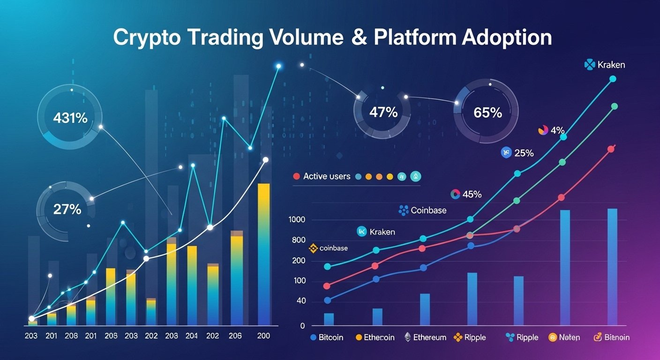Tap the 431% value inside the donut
tap(70, 118)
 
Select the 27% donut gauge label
tap(67, 209)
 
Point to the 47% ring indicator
tap(383, 112)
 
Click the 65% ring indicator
tap(487, 112)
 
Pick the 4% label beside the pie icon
tap(557, 130)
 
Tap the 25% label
tap(524, 152)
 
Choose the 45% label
tap(472, 194)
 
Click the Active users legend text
tap(327, 176)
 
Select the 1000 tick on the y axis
tap(297, 220)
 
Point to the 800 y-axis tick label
tap(298, 240)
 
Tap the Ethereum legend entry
tap(429, 337)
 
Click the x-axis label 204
tap(192, 336)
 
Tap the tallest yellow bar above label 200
tap(264, 253)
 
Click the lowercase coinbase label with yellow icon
tap(333, 248)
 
